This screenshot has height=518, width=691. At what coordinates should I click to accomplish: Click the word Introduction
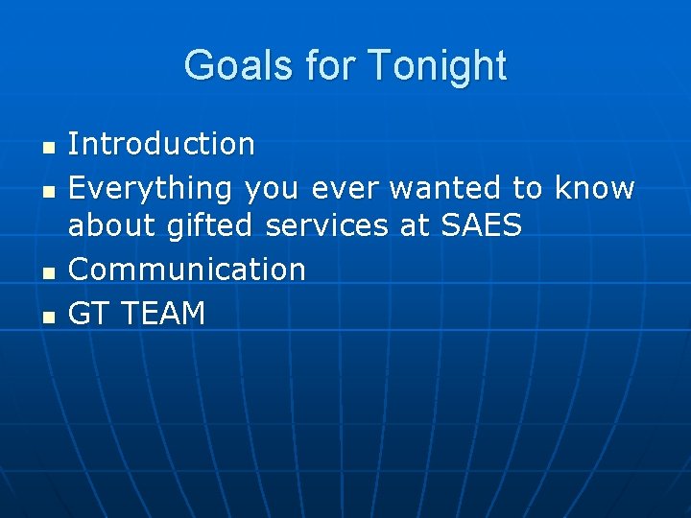click(x=161, y=145)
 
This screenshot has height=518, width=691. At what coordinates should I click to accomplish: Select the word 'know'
click(x=595, y=188)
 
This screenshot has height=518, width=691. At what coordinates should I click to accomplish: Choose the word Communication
click(x=187, y=270)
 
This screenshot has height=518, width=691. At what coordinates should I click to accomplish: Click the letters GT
click(x=88, y=313)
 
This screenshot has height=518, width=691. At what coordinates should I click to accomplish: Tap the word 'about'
click(x=113, y=226)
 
